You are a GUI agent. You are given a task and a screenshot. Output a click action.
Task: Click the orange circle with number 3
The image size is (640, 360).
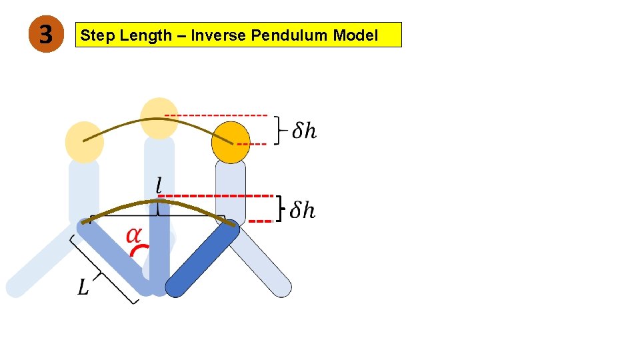(x=45, y=35)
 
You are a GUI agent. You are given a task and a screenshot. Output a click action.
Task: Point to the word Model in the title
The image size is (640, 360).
(x=355, y=35)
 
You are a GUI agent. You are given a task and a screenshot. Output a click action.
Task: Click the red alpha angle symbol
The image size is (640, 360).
(x=134, y=235)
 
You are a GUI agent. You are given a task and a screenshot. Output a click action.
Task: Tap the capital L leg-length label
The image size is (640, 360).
(x=83, y=288)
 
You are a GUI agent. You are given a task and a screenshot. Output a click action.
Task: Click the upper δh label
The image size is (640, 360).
(x=305, y=131)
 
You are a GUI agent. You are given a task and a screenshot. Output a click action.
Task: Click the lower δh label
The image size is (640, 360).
(x=304, y=210)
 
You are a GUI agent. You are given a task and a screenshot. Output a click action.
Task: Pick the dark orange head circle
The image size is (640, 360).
(x=231, y=142)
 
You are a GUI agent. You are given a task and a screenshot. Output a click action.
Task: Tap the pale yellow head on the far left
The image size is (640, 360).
(x=85, y=141)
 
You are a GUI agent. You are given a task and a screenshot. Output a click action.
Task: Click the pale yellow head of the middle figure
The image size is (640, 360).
(x=159, y=117)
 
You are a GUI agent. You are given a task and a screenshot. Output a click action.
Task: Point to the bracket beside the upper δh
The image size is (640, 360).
(x=283, y=130)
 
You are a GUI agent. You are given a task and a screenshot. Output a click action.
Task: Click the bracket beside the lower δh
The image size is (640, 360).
(x=283, y=207)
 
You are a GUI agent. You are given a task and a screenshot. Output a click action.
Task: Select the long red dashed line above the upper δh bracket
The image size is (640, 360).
(x=216, y=115)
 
